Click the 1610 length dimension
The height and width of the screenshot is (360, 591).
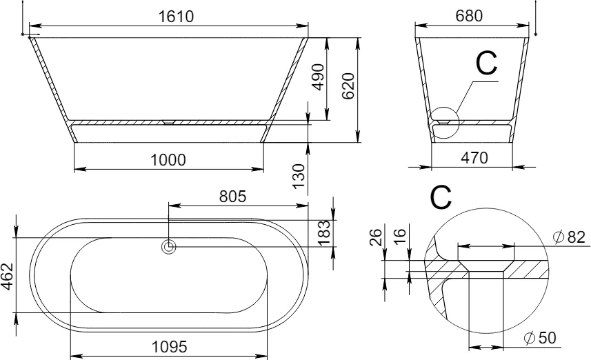tap(176, 17)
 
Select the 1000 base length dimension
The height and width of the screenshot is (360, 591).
tap(168, 160)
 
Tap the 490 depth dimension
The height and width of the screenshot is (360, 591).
tap(318, 77)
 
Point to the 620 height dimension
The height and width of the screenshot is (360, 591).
tap(348, 86)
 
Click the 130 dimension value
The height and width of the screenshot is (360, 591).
tap(299, 177)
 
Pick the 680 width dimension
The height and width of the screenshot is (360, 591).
tap(469, 16)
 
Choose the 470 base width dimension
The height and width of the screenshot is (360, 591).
tap(474, 157)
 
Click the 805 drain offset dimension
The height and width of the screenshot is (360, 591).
tap(233, 197)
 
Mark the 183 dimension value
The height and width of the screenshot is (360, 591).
tap(324, 233)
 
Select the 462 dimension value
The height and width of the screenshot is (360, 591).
tap(7, 277)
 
